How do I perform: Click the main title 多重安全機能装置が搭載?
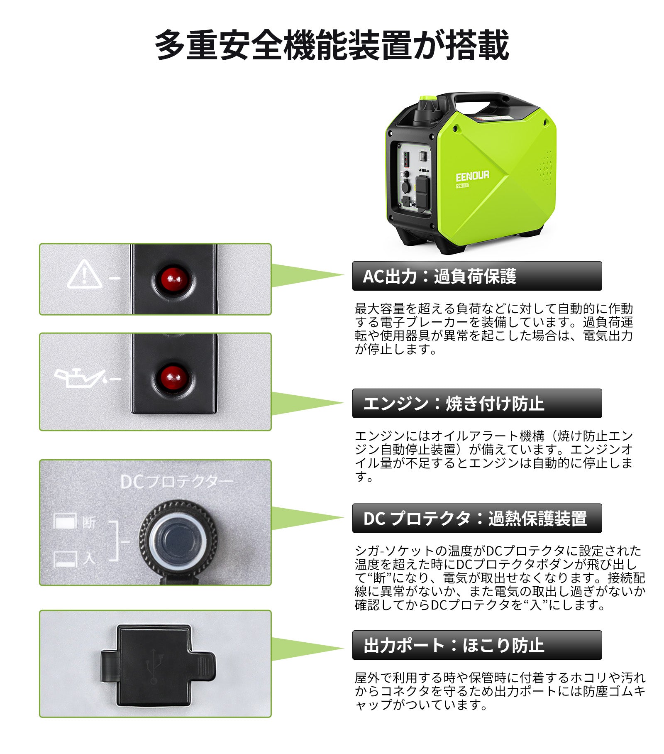pos(332,45)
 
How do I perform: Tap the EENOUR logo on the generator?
pos(472,176)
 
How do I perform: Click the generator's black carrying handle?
pos(481,98)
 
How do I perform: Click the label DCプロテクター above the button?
pos(176,482)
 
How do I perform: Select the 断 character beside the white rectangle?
pos(89,522)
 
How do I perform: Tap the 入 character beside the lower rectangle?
pos(89,558)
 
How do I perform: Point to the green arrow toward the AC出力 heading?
pos(307,275)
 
